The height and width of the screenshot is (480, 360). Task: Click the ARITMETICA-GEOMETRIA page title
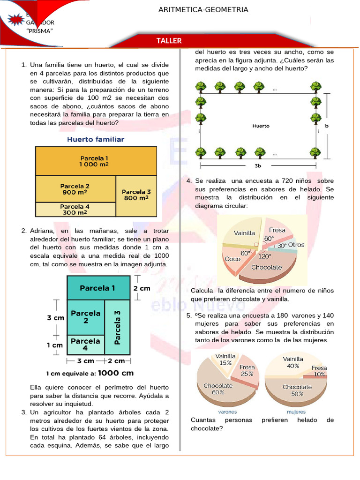click(x=203, y=9)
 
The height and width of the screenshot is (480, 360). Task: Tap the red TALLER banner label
click(x=169, y=41)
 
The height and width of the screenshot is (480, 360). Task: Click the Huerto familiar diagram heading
click(x=96, y=139)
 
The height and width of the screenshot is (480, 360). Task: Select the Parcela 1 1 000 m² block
click(x=94, y=161)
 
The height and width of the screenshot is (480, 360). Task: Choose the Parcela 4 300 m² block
click(x=75, y=209)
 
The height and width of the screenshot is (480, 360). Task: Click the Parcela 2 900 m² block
click(x=75, y=189)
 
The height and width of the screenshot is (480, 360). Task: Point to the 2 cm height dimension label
click(x=142, y=288)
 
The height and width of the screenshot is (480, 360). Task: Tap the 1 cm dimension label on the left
click(x=55, y=345)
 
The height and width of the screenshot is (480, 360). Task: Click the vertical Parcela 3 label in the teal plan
click(x=118, y=326)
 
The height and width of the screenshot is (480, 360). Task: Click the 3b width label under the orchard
click(x=258, y=166)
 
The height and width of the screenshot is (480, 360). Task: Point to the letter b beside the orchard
click(x=326, y=126)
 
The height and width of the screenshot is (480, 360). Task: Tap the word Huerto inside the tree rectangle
click(x=261, y=126)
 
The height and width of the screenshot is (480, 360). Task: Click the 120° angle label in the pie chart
click(x=265, y=256)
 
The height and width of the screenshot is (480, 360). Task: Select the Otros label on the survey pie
click(x=296, y=245)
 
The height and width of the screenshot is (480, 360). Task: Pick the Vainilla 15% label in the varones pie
click(x=225, y=360)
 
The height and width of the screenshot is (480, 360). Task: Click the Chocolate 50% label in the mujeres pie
click(x=297, y=390)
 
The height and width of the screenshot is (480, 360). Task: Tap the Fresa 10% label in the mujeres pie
click(x=319, y=371)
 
